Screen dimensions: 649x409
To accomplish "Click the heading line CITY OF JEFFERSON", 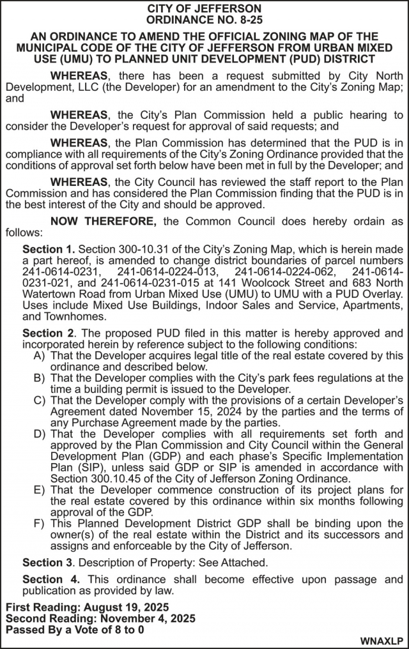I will pos(204,8).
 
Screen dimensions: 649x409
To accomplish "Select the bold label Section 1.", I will pos(49,248).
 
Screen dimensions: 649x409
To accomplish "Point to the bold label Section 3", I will pos(49,562).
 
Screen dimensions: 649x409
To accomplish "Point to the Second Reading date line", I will pos(101,618).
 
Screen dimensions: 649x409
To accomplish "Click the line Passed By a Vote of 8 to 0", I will pos(75,629).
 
